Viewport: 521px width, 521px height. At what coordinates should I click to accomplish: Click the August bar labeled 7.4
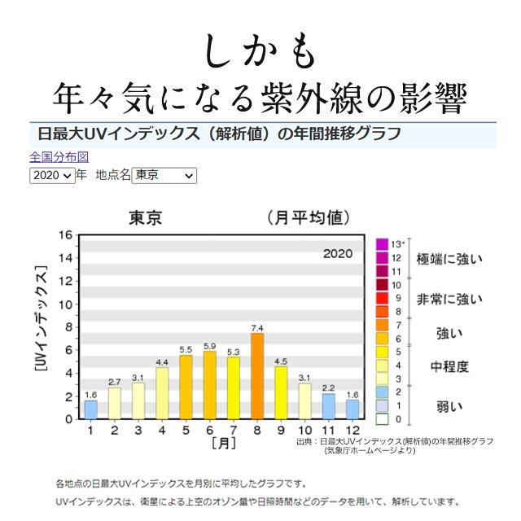pos(257,376)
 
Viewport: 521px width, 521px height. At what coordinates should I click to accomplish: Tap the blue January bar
pos(91,409)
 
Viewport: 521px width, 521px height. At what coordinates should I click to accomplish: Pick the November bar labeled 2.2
pos(328,405)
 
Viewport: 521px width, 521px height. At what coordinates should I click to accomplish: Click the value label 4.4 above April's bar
pos(162,361)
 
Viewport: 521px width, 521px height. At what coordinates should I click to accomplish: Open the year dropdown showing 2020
pos(52,175)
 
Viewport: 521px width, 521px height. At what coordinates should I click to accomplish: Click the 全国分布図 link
pos(59,157)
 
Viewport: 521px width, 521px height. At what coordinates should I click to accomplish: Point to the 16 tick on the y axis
pos(65,235)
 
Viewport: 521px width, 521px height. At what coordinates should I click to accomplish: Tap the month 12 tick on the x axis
pos(352,430)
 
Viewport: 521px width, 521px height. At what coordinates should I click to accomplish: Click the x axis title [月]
pos(223,443)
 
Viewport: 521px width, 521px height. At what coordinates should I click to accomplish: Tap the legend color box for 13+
pos(381,243)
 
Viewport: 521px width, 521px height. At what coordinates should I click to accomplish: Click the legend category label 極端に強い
pos(449,259)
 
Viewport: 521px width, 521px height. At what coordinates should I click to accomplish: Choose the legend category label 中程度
pos(449,366)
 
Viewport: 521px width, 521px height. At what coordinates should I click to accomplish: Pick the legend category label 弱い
pos(449,405)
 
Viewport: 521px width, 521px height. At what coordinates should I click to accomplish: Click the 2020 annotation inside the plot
pos(337,253)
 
